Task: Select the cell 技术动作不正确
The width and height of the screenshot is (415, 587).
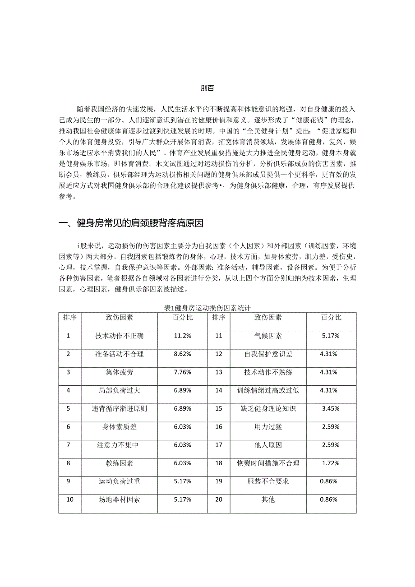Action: [x=119, y=336]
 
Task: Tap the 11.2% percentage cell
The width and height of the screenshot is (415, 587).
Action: [x=183, y=336]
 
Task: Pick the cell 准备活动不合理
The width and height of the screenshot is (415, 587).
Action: [x=119, y=354]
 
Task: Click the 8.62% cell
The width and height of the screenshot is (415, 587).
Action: [x=183, y=354]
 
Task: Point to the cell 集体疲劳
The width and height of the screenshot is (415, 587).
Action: [x=119, y=372]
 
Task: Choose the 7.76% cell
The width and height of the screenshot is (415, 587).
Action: [x=183, y=372]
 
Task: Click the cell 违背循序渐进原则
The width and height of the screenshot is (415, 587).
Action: [x=119, y=409]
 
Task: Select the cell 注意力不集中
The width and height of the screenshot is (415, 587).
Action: [x=119, y=445]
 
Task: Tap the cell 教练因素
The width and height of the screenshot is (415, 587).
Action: [x=119, y=463]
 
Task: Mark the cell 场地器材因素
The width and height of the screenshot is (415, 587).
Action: [x=119, y=500]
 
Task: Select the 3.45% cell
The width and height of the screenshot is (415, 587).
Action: [x=331, y=409]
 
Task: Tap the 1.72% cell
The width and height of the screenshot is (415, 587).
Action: [x=331, y=463]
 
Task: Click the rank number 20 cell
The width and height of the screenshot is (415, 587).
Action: [x=219, y=500]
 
